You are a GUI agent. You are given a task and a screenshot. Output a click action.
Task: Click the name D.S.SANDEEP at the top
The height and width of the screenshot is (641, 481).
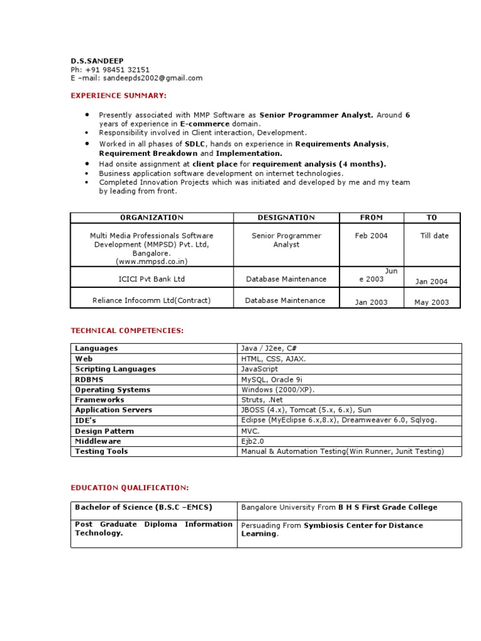(x=97, y=61)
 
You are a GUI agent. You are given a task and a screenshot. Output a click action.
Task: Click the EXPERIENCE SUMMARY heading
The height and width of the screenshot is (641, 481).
(x=118, y=96)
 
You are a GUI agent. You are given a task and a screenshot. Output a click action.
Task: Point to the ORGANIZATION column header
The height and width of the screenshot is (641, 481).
(x=152, y=218)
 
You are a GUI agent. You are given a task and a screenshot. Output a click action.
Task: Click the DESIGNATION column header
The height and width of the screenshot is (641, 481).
(x=286, y=218)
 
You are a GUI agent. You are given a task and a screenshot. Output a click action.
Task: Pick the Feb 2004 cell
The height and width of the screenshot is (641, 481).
(x=371, y=236)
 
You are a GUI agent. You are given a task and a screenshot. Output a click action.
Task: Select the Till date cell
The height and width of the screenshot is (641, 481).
(x=434, y=236)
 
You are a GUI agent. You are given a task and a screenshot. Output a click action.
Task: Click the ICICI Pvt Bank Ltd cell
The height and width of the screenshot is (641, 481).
(x=152, y=279)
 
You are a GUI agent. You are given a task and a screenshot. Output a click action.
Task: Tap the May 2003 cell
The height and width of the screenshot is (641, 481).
(x=432, y=302)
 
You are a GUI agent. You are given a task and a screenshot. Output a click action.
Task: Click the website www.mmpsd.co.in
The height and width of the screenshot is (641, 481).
(x=152, y=262)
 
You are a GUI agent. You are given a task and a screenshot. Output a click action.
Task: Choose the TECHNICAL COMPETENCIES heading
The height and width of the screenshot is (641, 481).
(x=127, y=331)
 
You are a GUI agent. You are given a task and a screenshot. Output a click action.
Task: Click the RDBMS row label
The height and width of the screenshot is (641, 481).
(x=90, y=379)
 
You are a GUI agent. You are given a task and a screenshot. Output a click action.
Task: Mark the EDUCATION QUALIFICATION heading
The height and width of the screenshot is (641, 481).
(x=129, y=488)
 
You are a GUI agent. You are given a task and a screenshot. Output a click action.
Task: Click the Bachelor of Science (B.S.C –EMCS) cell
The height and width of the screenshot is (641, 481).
(x=143, y=508)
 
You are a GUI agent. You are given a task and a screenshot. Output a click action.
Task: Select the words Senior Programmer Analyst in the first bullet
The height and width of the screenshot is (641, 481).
(x=316, y=115)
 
